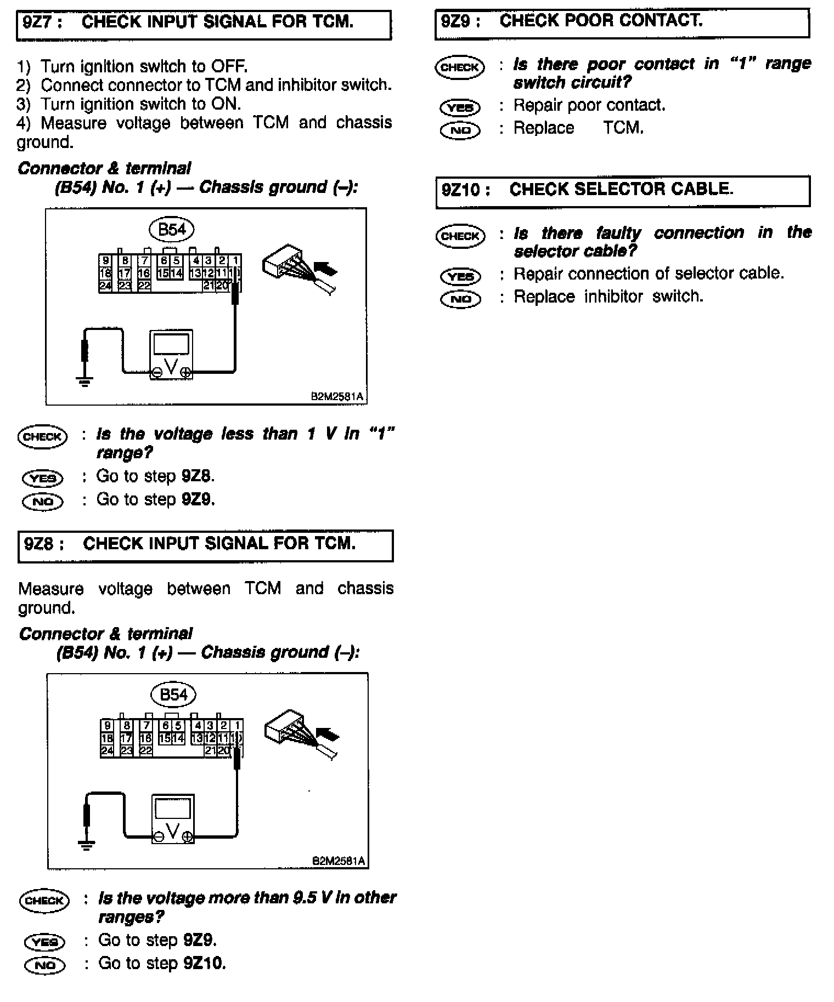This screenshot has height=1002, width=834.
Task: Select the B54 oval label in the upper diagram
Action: (172, 230)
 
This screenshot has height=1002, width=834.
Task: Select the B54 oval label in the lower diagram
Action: (173, 695)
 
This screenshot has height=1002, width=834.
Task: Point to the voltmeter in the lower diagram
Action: (173, 819)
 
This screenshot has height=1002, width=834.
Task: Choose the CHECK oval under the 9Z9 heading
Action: (460, 67)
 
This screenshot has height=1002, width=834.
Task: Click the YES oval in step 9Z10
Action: (460, 276)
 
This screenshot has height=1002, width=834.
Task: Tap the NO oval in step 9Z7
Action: (43, 502)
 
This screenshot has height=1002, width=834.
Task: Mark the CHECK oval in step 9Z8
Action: (44, 901)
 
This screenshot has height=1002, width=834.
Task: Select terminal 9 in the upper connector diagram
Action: (106, 261)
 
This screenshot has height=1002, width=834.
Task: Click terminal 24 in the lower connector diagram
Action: (107, 750)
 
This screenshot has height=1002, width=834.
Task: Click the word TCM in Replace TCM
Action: (623, 128)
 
